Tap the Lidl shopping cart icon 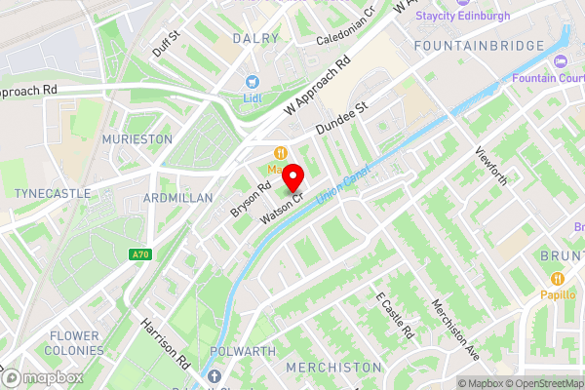[253, 82]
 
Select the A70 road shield [140, 254]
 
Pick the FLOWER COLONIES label [74, 343]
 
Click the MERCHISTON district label [332, 367]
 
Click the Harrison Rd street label [164, 341]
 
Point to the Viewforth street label [491, 167]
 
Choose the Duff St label [167, 42]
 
